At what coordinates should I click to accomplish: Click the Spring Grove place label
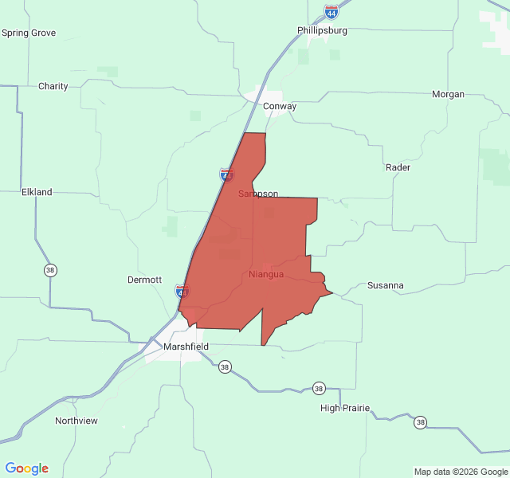point(29,33)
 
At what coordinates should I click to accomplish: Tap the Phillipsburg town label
point(323,30)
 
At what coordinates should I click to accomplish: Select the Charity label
point(53,86)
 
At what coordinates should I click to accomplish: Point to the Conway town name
point(280,106)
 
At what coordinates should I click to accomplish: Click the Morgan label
point(448,94)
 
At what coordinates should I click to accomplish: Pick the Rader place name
point(398,167)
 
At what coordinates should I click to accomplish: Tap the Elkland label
point(37,192)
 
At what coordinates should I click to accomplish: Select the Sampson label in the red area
point(258,194)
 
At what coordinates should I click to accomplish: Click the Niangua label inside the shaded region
point(266,275)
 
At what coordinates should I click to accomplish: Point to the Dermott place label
point(145,280)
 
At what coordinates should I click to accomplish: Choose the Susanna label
point(385,285)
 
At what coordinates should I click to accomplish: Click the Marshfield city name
point(186,347)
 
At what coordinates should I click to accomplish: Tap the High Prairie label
point(345,408)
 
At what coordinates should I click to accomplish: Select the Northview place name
point(76,420)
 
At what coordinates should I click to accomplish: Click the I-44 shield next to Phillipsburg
point(331,12)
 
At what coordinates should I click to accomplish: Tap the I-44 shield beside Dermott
point(182,292)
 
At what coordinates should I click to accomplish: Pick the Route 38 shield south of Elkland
point(50,270)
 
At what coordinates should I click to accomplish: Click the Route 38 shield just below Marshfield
point(225,367)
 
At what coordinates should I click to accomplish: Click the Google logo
point(26,468)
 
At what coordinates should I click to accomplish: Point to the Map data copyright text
point(461,471)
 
